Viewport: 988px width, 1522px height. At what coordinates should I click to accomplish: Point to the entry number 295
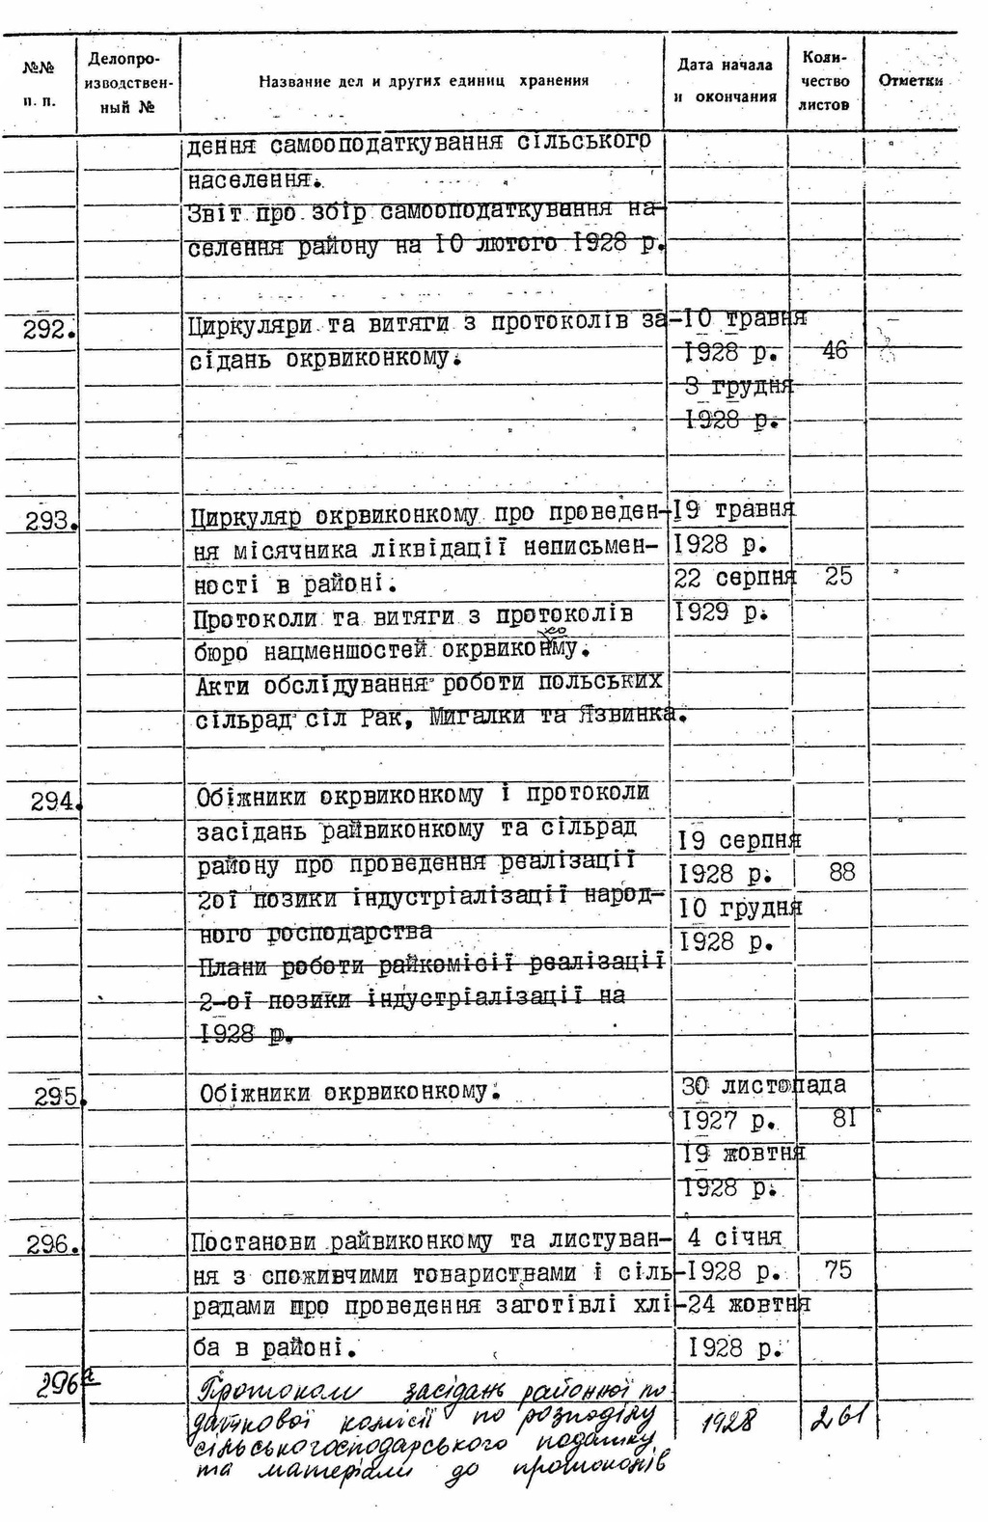pos(58,1097)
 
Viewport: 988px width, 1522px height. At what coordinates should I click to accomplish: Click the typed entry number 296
pos(52,1245)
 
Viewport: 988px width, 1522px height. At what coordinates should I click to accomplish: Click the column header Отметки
pos(910,81)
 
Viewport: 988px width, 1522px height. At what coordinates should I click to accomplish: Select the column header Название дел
pos(423,82)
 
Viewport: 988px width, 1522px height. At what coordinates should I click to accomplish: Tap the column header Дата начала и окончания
pos(726,81)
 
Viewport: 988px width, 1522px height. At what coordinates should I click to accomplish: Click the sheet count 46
pos(834,350)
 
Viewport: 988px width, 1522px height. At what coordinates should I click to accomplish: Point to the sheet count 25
pos(838,577)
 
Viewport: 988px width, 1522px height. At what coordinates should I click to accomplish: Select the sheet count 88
pos(841,873)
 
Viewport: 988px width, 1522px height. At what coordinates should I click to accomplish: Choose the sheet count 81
pos(843,1118)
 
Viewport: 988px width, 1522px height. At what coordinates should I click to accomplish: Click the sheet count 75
pos(838,1270)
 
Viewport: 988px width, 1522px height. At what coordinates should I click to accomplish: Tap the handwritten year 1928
pos(730,1420)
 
